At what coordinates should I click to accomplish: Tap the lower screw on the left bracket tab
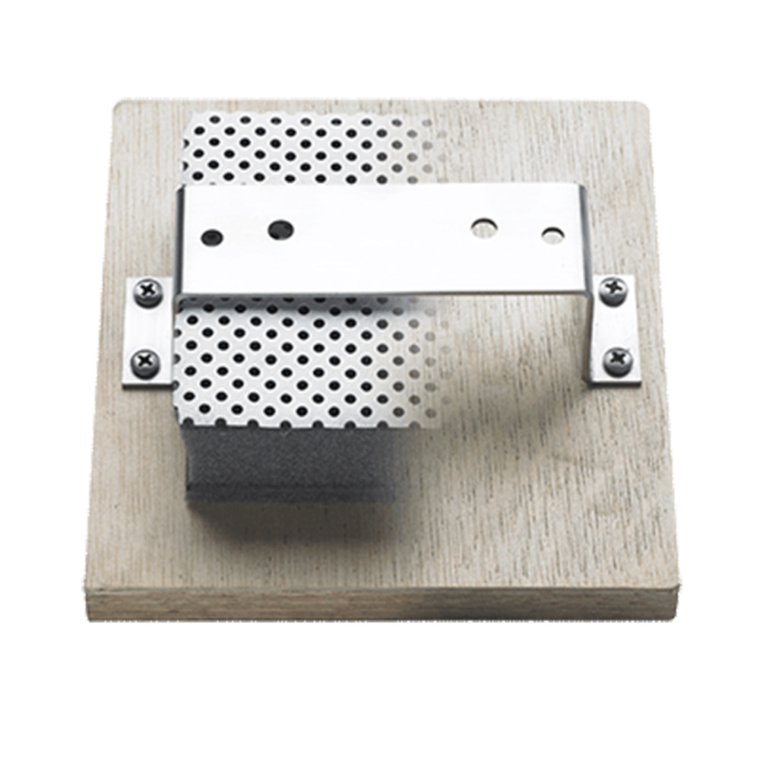144,361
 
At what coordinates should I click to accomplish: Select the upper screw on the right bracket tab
613,289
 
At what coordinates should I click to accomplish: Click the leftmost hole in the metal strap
212,237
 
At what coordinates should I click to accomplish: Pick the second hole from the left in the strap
280,228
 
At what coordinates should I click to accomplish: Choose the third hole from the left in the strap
483,226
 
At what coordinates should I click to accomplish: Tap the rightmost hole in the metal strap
553,234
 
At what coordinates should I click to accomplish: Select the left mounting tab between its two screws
146,327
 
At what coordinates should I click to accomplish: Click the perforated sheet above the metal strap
296,148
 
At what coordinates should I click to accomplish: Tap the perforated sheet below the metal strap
296,357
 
